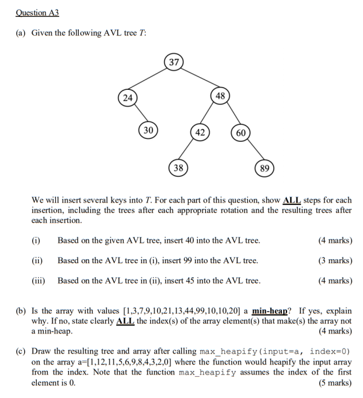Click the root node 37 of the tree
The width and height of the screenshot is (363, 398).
click(x=174, y=63)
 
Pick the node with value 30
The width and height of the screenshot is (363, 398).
click(x=148, y=131)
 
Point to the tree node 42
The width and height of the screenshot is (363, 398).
click(x=200, y=132)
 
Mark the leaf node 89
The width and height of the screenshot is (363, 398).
click(x=264, y=168)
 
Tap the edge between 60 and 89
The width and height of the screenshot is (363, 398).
click(x=253, y=151)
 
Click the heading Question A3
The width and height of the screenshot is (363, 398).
click(x=37, y=13)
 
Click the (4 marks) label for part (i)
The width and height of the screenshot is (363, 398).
click(x=335, y=241)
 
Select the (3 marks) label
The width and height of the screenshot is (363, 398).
click(x=335, y=261)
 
